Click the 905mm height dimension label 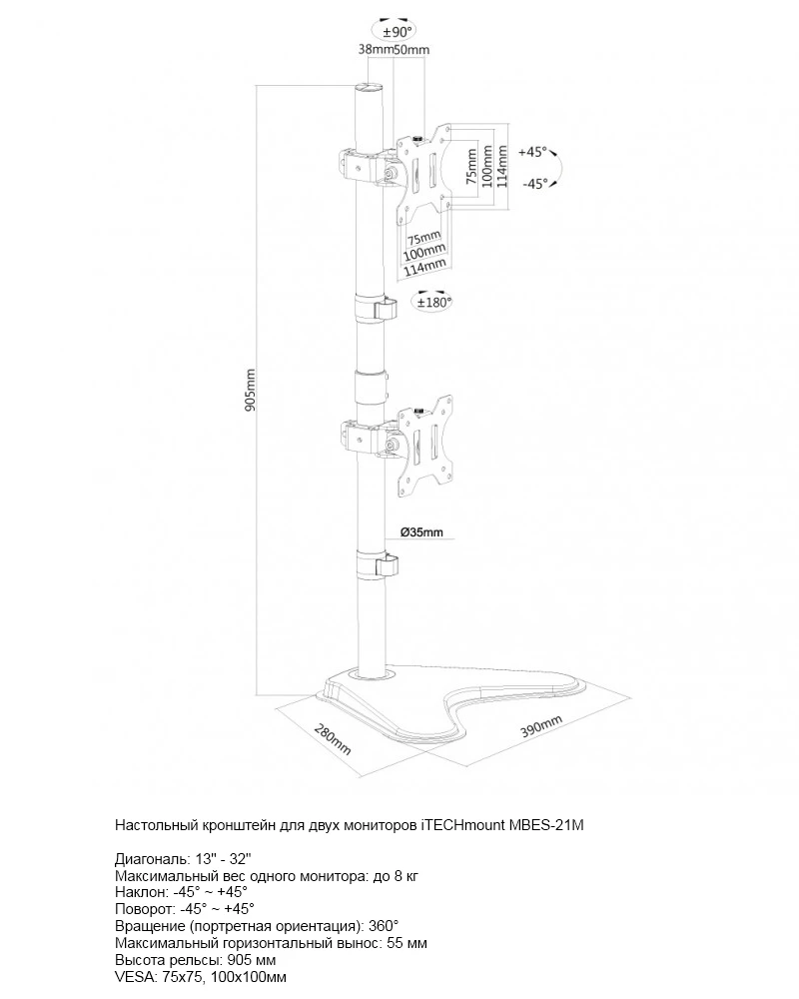click(x=252, y=390)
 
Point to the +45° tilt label click(x=533, y=152)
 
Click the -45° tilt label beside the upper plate click(x=535, y=183)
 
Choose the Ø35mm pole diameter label click(x=421, y=532)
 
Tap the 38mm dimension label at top click(x=375, y=49)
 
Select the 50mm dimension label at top click(x=411, y=49)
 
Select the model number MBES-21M click(x=547, y=826)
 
